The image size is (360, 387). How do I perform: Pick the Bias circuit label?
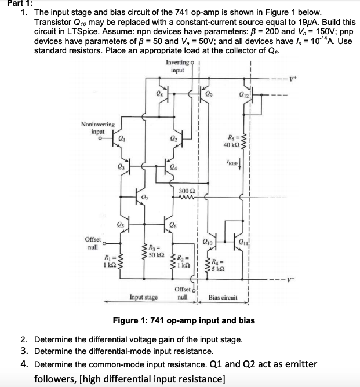223,298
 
